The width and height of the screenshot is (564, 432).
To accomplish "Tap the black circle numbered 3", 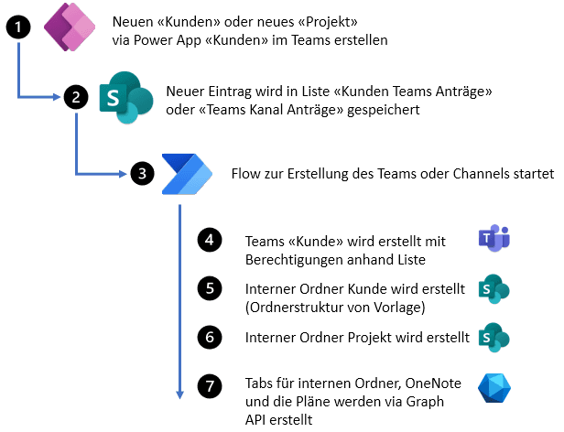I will point(141,172).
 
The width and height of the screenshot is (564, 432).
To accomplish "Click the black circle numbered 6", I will point(210,337).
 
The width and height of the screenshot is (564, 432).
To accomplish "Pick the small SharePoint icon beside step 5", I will point(493,290).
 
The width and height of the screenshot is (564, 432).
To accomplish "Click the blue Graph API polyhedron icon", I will point(494,389).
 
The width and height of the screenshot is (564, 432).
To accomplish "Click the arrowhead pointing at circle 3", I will point(123,173).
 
